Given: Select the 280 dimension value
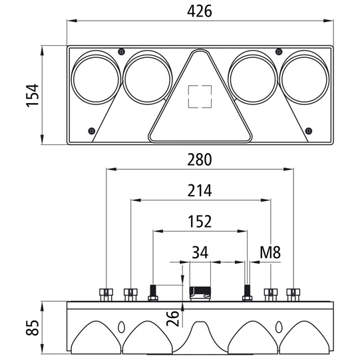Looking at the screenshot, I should pos(200,160).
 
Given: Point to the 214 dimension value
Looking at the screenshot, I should pos(200,191).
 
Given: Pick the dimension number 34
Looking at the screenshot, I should pos(200,252).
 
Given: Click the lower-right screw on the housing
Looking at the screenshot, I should pos(307,130).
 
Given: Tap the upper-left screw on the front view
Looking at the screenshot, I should pos(120,52).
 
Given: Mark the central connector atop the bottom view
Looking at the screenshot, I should pos(200,292).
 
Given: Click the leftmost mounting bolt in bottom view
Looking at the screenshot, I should pos(106,293).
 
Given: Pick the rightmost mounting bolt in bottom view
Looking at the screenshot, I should pos(293,293).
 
